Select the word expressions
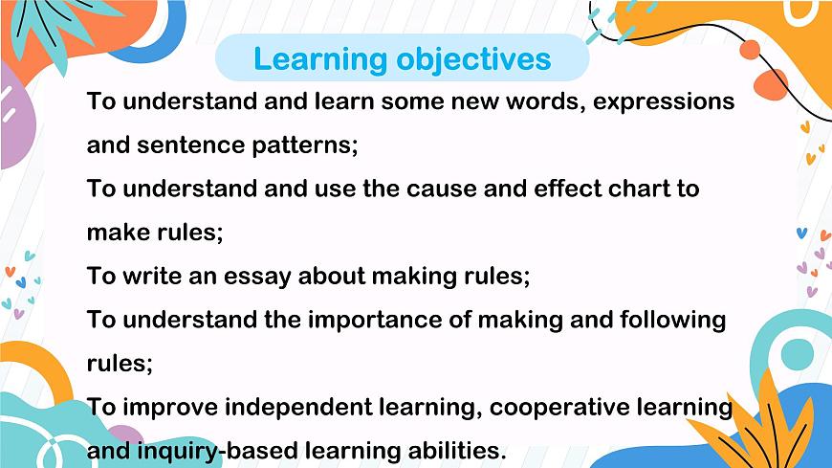pyautogui.click(x=664, y=101)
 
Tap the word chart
pyautogui.click(x=639, y=189)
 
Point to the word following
pyautogui.click(x=666, y=320)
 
